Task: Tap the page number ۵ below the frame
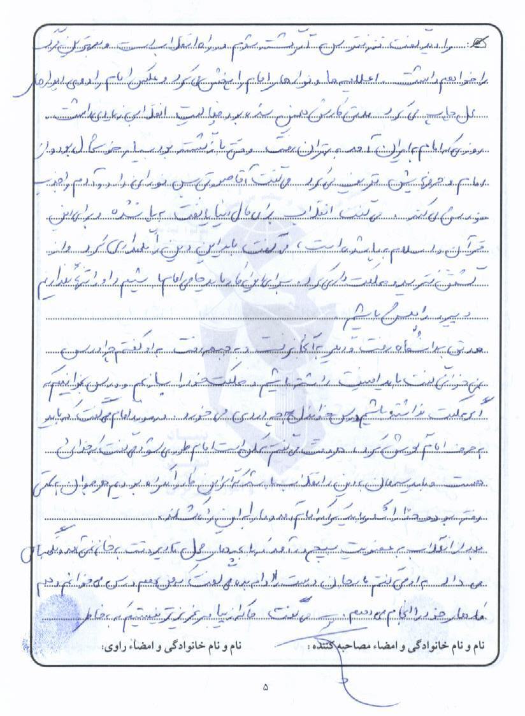[266, 687]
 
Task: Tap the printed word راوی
[113, 647]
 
